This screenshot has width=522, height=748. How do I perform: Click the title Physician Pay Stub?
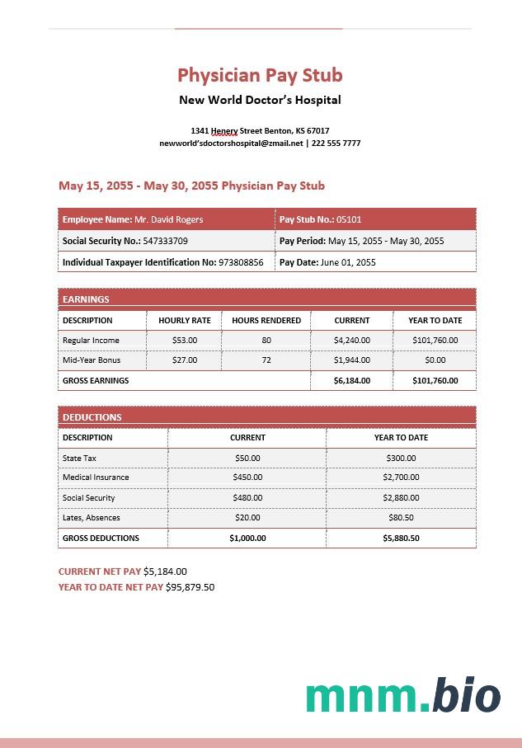pyautogui.click(x=260, y=75)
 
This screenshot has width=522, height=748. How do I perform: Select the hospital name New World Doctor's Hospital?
pyautogui.click(x=260, y=100)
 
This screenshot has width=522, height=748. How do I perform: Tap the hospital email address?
pyautogui.click(x=231, y=143)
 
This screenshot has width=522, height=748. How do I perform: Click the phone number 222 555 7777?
pyautogui.click(x=336, y=143)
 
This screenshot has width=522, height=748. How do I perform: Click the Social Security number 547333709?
pyautogui.click(x=165, y=241)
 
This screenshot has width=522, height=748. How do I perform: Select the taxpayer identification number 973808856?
pyautogui.click(x=241, y=262)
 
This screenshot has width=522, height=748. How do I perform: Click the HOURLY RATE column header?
pyautogui.click(x=185, y=320)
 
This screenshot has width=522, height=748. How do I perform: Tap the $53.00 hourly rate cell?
pyautogui.click(x=185, y=340)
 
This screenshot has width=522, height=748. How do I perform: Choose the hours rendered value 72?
pyautogui.click(x=266, y=360)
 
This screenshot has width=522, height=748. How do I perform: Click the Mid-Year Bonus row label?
pyautogui.click(x=92, y=360)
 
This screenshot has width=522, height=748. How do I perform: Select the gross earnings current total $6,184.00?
pyautogui.click(x=352, y=380)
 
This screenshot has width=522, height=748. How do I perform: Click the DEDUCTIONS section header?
pyautogui.click(x=92, y=417)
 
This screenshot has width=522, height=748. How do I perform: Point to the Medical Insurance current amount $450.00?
pyautogui.click(x=247, y=477)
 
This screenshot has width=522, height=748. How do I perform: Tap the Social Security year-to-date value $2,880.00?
pyautogui.click(x=401, y=498)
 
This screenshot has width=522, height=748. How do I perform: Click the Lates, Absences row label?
pyautogui.click(x=92, y=518)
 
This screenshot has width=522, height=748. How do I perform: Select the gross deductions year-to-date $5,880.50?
pyautogui.click(x=401, y=538)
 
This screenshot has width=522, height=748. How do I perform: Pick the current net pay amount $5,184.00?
pyautogui.click(x=165, y=571)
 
